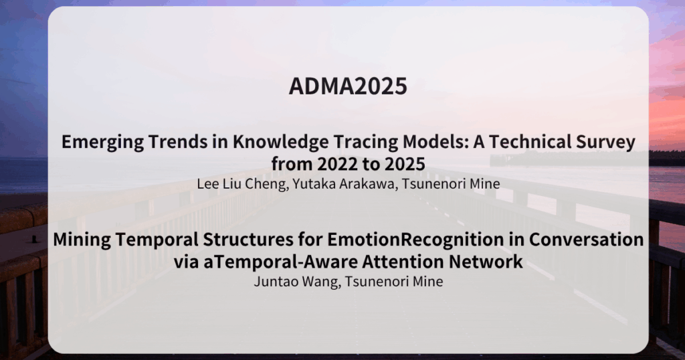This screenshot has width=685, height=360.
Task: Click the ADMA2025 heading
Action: pos(348,86)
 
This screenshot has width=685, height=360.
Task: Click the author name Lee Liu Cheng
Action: pos(242,184)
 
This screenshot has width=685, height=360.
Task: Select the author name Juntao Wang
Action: pos(296,281)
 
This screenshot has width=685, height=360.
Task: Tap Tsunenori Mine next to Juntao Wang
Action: pos(394,281)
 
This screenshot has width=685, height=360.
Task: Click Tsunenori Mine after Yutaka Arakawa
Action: pos(451,183)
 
